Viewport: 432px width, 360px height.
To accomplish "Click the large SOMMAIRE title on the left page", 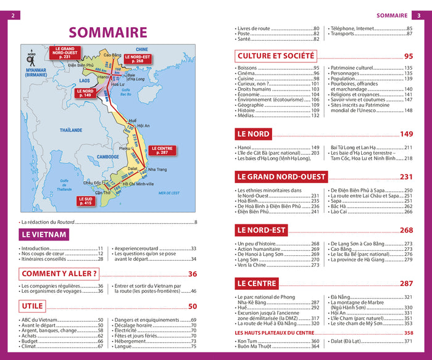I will tap(108, 32).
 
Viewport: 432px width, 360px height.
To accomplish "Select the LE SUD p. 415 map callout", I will tap(86, 200).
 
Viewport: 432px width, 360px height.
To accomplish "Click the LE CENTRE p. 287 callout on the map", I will tap(162, 149).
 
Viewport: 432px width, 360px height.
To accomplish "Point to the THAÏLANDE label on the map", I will tap(72, 130).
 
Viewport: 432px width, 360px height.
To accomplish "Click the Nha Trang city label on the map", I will tap(157, 170).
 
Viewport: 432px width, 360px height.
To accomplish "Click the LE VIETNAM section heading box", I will tap(43, 234).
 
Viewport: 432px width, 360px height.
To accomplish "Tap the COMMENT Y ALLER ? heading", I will tap(59, 274).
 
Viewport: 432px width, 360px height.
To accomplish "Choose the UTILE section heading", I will tap(32, 306).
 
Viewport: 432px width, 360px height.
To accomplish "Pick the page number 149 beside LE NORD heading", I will tap(406, 134).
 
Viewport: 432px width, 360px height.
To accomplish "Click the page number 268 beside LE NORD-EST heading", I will tap(406, 230).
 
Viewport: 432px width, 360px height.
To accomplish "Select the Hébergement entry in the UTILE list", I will tap(133, 341).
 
